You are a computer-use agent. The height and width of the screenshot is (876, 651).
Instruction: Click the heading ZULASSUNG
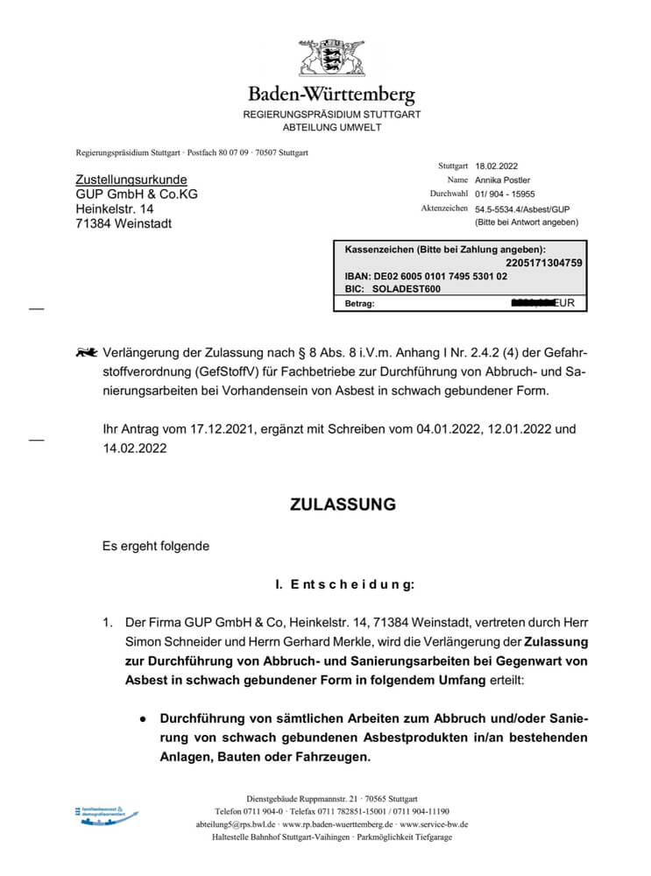343,505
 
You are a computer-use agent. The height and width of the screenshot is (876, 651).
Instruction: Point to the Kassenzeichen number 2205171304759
544,262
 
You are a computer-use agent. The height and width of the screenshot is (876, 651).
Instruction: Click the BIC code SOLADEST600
407,288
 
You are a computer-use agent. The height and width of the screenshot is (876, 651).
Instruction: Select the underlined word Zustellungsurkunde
131,180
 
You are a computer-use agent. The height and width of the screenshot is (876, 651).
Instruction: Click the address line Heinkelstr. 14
115,208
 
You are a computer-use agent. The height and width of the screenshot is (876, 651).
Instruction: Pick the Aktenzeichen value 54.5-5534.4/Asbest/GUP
523,209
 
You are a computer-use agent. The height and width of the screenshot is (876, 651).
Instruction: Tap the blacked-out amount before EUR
538,303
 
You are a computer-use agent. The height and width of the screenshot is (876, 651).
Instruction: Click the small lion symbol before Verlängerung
87,353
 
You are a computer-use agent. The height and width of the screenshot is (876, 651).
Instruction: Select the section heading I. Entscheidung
344,583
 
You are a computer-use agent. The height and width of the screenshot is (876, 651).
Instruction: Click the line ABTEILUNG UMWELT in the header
331,128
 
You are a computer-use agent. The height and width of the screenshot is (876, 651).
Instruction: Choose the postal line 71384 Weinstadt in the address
124,223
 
